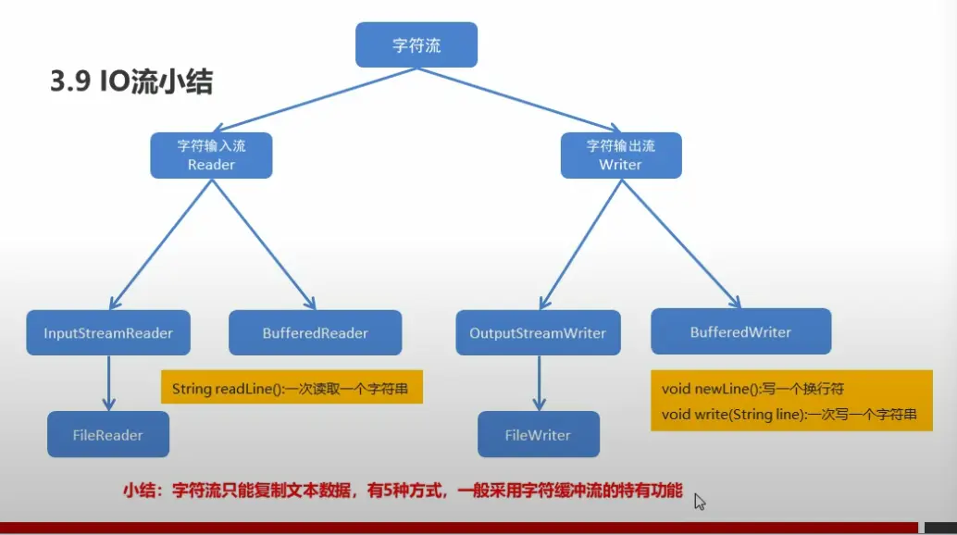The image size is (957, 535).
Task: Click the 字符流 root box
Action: pyautogui.click(x=416, y=45)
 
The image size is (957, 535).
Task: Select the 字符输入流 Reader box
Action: pyautogui.click(x=211, y=155)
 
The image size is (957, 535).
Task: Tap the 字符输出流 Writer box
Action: pyautogui.click(x=620, y=155)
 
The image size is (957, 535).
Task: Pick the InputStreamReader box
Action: pyautogui.click(x=108, y=333)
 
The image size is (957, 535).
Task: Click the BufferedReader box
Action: pyautogui.click(x=315, y=333)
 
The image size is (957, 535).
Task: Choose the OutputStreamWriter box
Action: pyautogui.click(x=538, y=333)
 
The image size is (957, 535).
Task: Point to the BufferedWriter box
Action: pyautogui.click(x=740, y=331)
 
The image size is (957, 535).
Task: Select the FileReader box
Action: pyautogui.click(x=108, y=435)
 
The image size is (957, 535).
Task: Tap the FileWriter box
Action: pyautogui.click(x=538, y=435)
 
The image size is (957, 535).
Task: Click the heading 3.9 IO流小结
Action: pyautogui.click(x=131, y=82)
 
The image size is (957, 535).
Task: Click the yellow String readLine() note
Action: pyautogui.click(x=291, y=389)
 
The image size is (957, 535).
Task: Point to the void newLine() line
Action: pyautogui.click(x=752, y=389)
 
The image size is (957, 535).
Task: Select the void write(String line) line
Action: pyautogui.click(x=789, y=415)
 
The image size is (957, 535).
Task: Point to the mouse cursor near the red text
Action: pyautogui.click(x=700, y=501)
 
